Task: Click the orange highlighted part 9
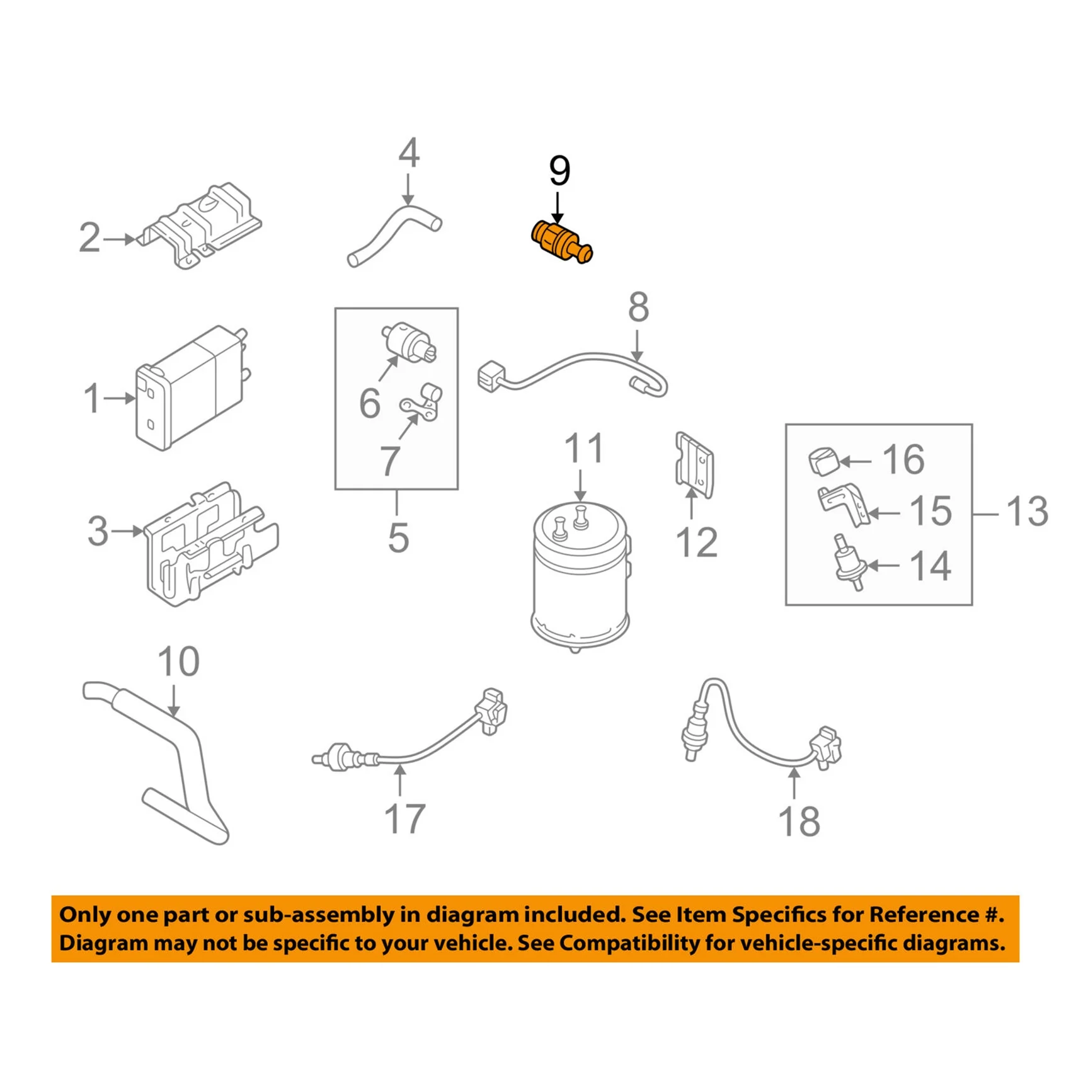point(558,242)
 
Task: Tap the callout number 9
point(559,171)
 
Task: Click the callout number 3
point(98,530)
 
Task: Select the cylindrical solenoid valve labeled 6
point(408,343)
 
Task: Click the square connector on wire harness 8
point(490,376)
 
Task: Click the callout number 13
point(1028,511)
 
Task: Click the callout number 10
point(178,662)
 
